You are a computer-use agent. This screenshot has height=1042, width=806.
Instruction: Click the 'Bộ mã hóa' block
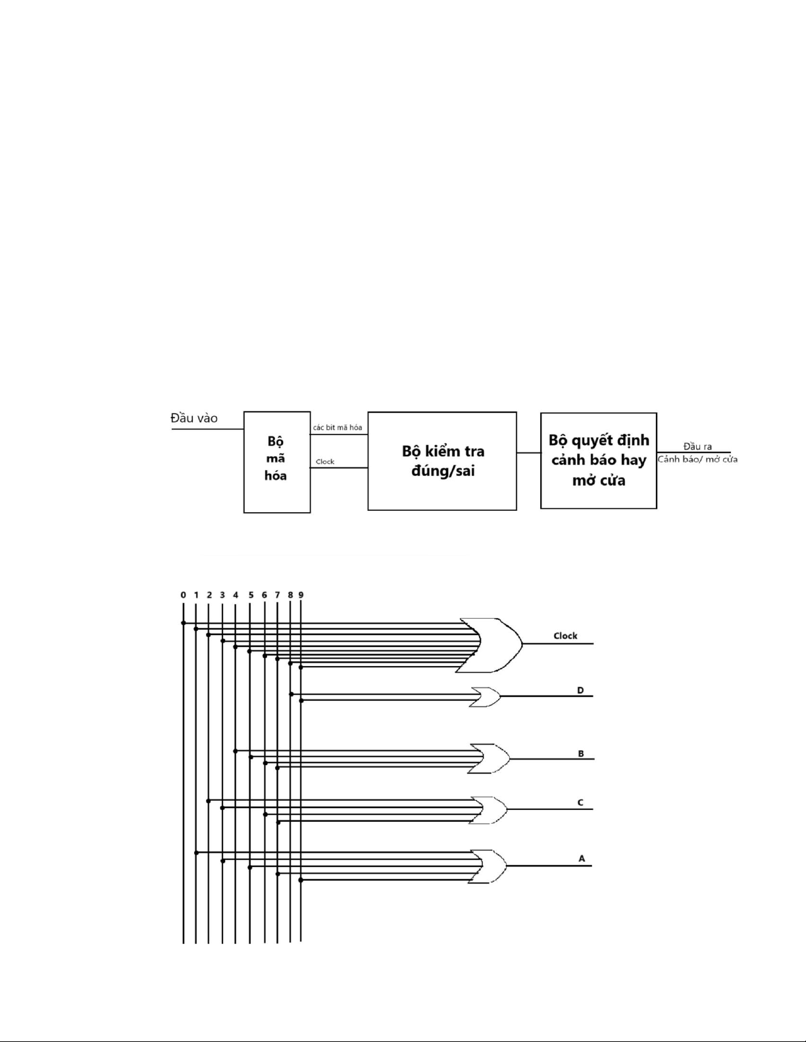[x=277, y=462]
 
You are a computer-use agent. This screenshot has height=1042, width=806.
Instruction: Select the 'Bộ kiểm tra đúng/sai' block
[x=442, y=461]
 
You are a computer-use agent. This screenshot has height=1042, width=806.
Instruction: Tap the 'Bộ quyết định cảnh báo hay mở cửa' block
[x=598, y=460]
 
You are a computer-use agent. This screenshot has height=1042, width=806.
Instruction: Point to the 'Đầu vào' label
[x=194, y=418]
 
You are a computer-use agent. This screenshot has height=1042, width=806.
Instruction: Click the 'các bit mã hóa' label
[x=338, y=427]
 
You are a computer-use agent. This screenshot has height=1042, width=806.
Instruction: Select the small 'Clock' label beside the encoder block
[x=325, y=462]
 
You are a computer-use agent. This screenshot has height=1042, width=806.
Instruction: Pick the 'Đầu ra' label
[x=697, y=446]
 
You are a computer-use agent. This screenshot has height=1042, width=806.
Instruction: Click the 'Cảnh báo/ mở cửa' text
[x=697, y=460]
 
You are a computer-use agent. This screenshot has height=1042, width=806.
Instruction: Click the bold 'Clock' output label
[x=565, y=636]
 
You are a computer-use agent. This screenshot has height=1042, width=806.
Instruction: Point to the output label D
[x=580, y=690]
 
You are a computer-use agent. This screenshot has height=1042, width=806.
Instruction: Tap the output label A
[x=582, y=859]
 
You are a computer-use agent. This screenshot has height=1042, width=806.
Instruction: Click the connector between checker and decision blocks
[x=529, y=453]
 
